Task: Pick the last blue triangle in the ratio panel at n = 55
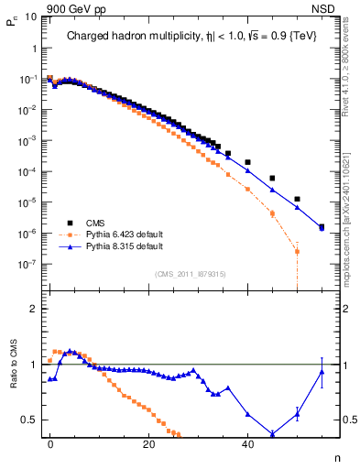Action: [322, 371]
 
